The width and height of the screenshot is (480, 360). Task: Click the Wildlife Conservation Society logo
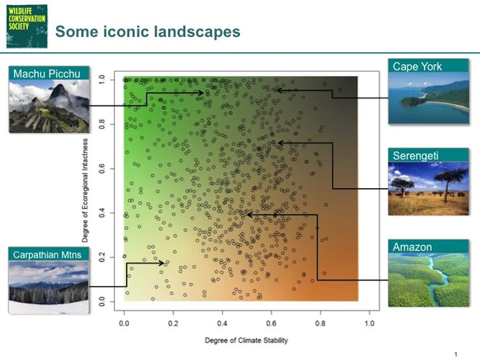(27, 26)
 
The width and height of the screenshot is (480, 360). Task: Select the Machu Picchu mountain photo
(49, 106)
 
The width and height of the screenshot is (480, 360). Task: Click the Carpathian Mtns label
(48, 254)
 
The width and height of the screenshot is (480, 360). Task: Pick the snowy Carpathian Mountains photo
(48, 287)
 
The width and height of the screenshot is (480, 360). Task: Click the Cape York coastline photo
(428, 98)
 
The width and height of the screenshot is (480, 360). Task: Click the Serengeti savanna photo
(428, 188)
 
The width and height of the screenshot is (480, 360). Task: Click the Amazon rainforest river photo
(428, 280)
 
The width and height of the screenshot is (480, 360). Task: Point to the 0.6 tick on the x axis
(271, 313)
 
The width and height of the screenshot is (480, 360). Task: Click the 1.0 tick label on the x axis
(369, 323)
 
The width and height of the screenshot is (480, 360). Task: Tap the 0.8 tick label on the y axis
(102, 124)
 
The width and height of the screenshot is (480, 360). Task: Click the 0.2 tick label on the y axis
(102, 257)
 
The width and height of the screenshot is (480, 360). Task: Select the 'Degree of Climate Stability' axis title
(246, 340)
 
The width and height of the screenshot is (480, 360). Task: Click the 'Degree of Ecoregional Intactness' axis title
(85, 190)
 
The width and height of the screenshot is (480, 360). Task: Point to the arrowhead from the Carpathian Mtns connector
(161, 263)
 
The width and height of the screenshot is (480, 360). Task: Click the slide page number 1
(456, 354)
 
